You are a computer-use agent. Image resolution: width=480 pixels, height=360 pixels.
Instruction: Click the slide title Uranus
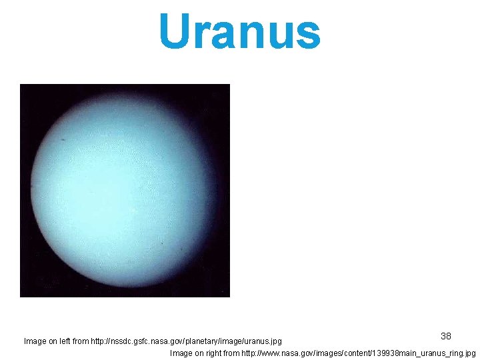coord(240,32)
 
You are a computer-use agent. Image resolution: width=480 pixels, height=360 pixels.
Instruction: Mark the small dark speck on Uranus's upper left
coord(63,139)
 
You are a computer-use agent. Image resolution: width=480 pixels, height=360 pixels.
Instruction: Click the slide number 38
coord(446,336)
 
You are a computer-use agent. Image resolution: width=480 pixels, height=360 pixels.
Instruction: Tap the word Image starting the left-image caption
coord(35,341)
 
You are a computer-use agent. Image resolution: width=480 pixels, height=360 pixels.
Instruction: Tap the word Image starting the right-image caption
coord(182,353)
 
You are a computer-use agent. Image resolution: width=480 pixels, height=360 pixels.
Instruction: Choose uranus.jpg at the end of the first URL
coord(262,341)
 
